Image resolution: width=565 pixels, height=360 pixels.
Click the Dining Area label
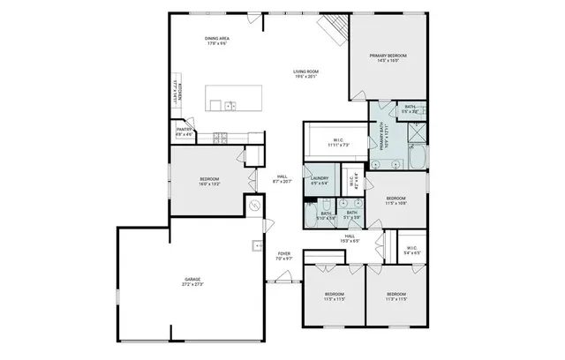coord(217,41)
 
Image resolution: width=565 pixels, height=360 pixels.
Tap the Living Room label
coord(305,74)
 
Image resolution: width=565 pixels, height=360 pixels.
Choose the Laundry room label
coord(319,181)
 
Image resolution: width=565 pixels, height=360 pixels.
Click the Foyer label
coord(283,257)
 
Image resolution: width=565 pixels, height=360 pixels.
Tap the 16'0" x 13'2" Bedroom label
coord(208,182)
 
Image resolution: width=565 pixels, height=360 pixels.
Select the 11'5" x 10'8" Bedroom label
coord(395,200)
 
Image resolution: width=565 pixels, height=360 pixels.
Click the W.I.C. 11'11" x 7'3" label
coord(338,142)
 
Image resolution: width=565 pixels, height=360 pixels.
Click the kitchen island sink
coord(229,106)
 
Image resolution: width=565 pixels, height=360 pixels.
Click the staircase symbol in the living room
coord(332,34)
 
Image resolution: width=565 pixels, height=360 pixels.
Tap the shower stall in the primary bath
coord(414,133)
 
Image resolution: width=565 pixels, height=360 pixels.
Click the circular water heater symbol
coord(254,205)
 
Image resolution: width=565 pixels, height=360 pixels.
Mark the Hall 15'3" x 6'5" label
coord(350,237)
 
